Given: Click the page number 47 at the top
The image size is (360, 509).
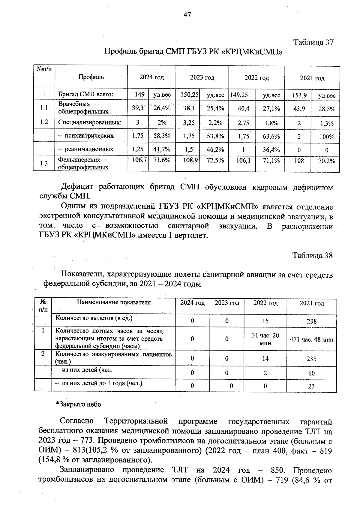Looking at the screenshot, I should (187, 15).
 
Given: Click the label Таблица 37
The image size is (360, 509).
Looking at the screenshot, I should (313, 42).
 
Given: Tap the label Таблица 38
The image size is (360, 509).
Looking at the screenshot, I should (313, 255).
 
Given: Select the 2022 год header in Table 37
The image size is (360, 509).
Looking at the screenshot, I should (256, 78).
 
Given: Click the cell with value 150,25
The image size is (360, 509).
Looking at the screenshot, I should (190, 95).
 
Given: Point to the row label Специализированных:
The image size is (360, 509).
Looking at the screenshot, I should (90, 122).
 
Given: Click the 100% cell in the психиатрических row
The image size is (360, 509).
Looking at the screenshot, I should (327, 137).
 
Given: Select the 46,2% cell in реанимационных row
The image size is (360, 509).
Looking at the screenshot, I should (215, 149).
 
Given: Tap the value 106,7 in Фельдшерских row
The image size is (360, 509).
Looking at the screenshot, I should (139, 161).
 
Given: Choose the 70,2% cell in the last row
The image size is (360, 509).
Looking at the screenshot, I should (327, 161).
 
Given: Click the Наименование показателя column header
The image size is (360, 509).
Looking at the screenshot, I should (114, 303).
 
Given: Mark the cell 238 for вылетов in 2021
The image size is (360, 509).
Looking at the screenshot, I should (312, 321).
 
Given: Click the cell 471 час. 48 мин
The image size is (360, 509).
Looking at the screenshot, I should (312, 339).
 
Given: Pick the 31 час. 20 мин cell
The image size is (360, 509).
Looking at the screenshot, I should (265, 339).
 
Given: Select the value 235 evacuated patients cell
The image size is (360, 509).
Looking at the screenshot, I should (312, 359).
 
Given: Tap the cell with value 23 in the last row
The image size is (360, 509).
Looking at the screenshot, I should (311, 386).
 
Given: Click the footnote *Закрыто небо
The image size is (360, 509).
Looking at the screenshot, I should (79, 404).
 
